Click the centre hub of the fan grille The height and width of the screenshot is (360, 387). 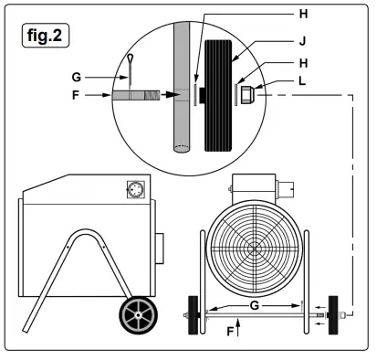(250, 246)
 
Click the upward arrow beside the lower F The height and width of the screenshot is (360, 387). (238, 323)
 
